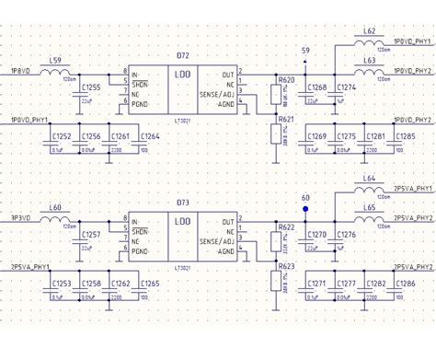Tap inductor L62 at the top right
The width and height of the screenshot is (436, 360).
tap(369, 41)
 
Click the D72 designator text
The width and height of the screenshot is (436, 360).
tap(182, 57)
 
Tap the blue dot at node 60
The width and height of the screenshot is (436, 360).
tap(305, 196)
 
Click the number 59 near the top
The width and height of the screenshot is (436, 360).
tap(305, 49)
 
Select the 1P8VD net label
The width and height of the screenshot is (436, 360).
tap(19, 70)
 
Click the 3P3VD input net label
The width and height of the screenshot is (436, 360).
tap(19, 218)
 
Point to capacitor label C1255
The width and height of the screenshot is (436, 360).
tap(92, 87)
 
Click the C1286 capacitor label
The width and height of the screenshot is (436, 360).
tap(406, 285)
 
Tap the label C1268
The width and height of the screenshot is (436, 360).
tap(317, 87)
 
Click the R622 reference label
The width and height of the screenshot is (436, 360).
tap(286, 226)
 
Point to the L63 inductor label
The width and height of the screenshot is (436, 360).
tap(369, 60)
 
